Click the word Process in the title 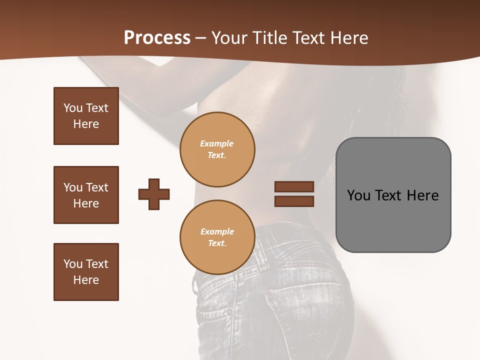pyautogui.click(x=157, y=38)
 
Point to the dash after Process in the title pyautogui.click(x=200, y=38)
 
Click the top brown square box pyautogui.click(x=86, y=116)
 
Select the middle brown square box pyautogui.click(x=86, y=195)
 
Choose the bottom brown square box pyautogui.click(x=86, y=272)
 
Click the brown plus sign pyautogui.click(x=154, y=194)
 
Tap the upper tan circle pyautogui.click(x=217, y=149)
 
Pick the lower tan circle pyautogui.click(x=217, y=237)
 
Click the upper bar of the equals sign pyautogui.click(x=294, y=186)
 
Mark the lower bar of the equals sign pyautogui.click(x=294, y=201)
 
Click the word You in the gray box pyautogui.click(x=358, y=195)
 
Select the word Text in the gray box pyautogui.click(x=389, y=195)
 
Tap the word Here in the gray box pyautogui.click(x=422, y=195)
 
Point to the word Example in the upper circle pyautogui.click(x=217, y=143)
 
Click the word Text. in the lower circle pyautogui.click(x=217, y=243)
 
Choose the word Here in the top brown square pyautogui.click(x=86, y=124)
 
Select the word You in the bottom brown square pyautogui.click(x=72, y=264)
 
